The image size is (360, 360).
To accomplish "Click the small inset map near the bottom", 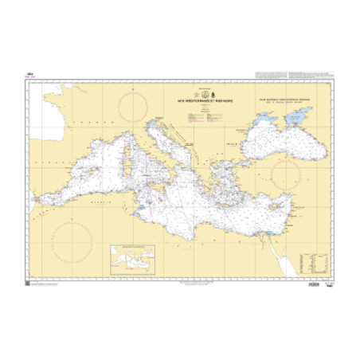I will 134,259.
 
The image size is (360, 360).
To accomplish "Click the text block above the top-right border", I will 289,75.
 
